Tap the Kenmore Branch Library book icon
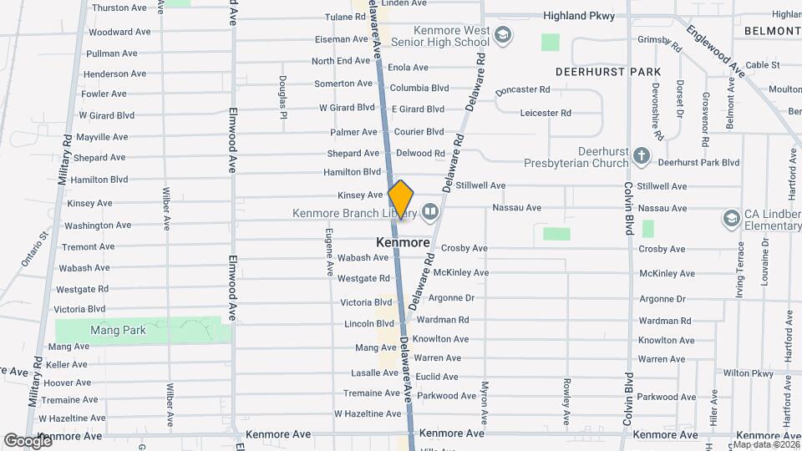click(x=429, y=212)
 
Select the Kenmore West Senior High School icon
click(x=503, y=35)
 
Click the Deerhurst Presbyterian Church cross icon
click(x=641, y=156)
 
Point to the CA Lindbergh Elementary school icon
click(x=731, y=218)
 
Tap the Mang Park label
click(x=118, y=330)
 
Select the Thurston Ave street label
click(x=119, y=8)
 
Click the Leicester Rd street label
click(x=545, y=113)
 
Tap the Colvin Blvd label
click(x=628, y=205)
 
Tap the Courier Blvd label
click(x=419, y=132)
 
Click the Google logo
click(x=27, y=440)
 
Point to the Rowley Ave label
click(x=566, y=398)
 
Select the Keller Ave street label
click(x=68, y=365)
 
